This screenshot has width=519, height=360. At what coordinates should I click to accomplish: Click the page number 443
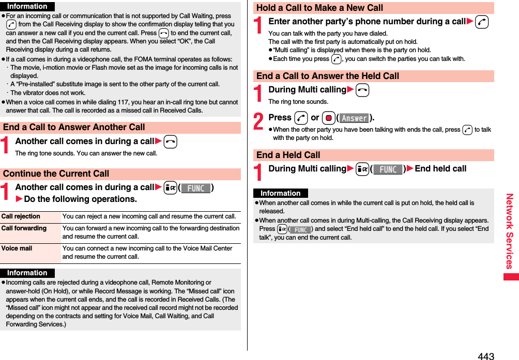[x=486, y=356]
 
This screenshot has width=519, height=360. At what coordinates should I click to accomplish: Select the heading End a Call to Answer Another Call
[x=74, y=127]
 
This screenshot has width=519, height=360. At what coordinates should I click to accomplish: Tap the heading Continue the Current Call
[x=56, y=174]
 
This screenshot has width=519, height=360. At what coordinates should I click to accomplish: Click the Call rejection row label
[x=21, y=216]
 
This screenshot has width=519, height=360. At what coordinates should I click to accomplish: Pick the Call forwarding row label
[x=24, y=228]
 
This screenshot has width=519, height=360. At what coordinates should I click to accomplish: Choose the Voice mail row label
[x=17, y=248]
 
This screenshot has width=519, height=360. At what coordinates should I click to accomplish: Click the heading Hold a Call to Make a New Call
[x=319, y=8]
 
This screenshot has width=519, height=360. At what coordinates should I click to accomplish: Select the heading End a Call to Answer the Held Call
[x=328, y=76]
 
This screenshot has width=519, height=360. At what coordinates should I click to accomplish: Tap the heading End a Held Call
[x=288, y=155]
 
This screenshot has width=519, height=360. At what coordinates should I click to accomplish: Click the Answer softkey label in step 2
[x=354, y=118]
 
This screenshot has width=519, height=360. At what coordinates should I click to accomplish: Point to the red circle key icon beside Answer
[x=328, y=118]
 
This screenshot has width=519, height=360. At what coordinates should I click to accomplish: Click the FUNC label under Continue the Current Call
[x=195, y=188]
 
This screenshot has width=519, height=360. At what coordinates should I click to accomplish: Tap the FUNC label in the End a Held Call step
[x=387, y=169]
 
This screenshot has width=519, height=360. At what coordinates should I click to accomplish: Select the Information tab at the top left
[x=27, y=7]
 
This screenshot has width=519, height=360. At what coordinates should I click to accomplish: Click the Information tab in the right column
[x=280, y=193]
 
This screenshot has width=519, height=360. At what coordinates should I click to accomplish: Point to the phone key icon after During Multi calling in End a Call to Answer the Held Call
[x=362, y=90]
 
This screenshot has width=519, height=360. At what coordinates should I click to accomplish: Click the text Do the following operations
[x=80, y=199]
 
